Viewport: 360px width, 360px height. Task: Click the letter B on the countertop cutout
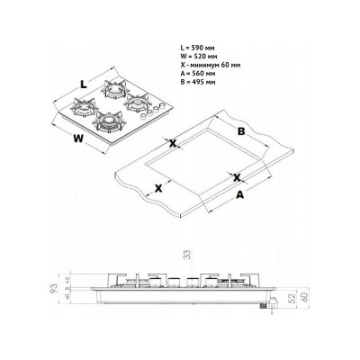tap(241, 130)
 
